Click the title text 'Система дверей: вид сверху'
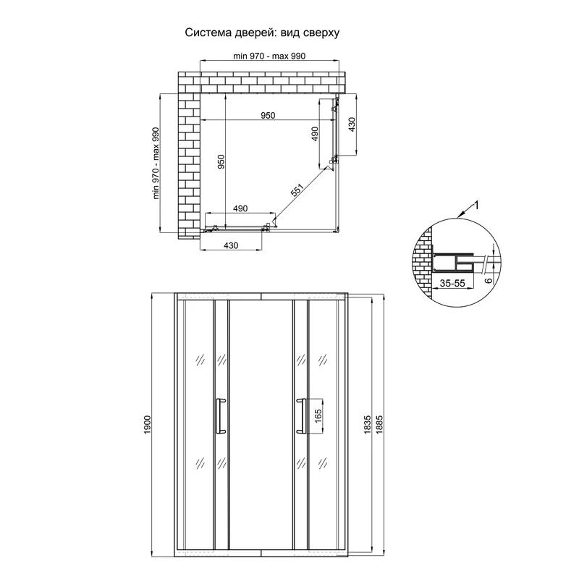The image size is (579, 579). coord(262,33)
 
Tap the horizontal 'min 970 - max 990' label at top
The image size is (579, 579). coord(269,56)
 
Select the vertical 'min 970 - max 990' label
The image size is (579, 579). coord(156,164)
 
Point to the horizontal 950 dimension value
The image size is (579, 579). coord(268,116)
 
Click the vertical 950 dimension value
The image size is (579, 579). coord(221,161)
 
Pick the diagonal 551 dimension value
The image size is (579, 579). coord(297,190)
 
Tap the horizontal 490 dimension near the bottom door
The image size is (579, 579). coord(240,208)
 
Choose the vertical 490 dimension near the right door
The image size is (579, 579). coord(315,134)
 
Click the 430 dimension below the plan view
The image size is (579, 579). coord(231,245)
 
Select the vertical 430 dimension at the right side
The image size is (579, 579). coord(352,124)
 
